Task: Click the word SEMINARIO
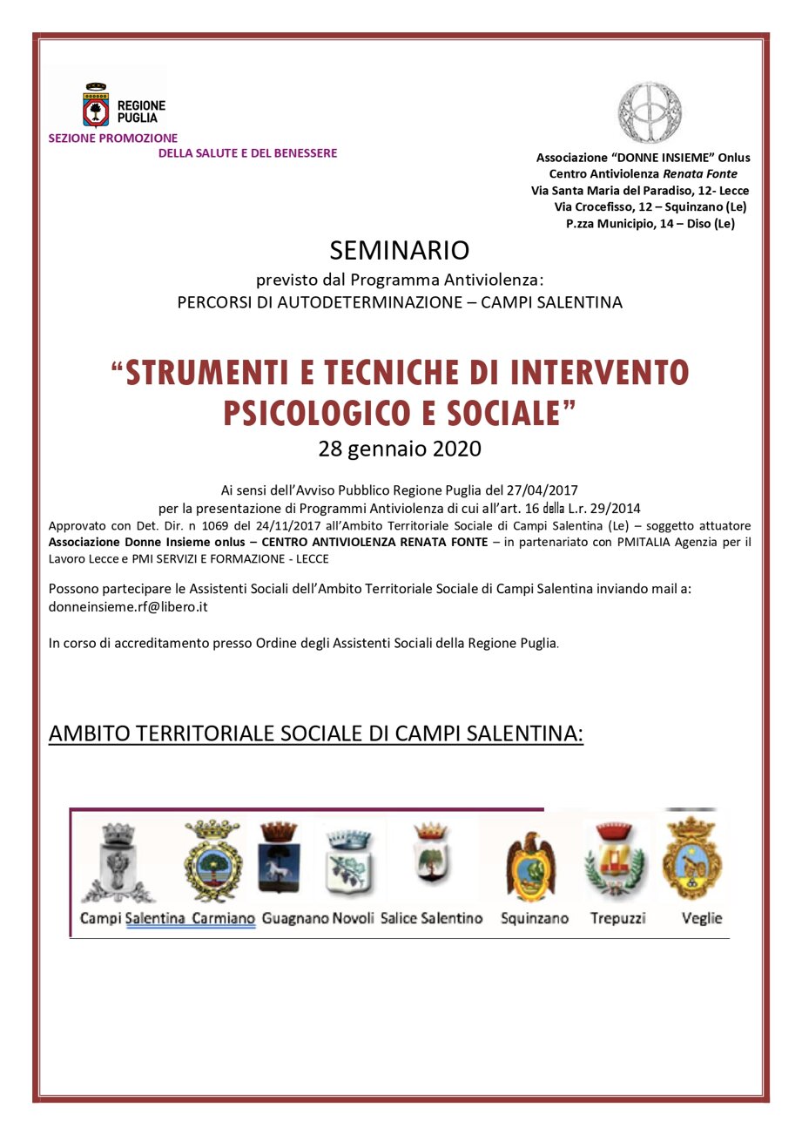(400, 250)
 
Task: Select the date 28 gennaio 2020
(400, 449)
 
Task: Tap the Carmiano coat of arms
(212, 861)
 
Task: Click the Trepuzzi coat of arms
(616, 861)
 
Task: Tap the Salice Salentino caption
(431, 918)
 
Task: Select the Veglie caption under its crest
(702, 918)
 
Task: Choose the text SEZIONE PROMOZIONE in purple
(112, 138)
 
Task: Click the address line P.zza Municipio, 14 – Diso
(650, 223)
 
